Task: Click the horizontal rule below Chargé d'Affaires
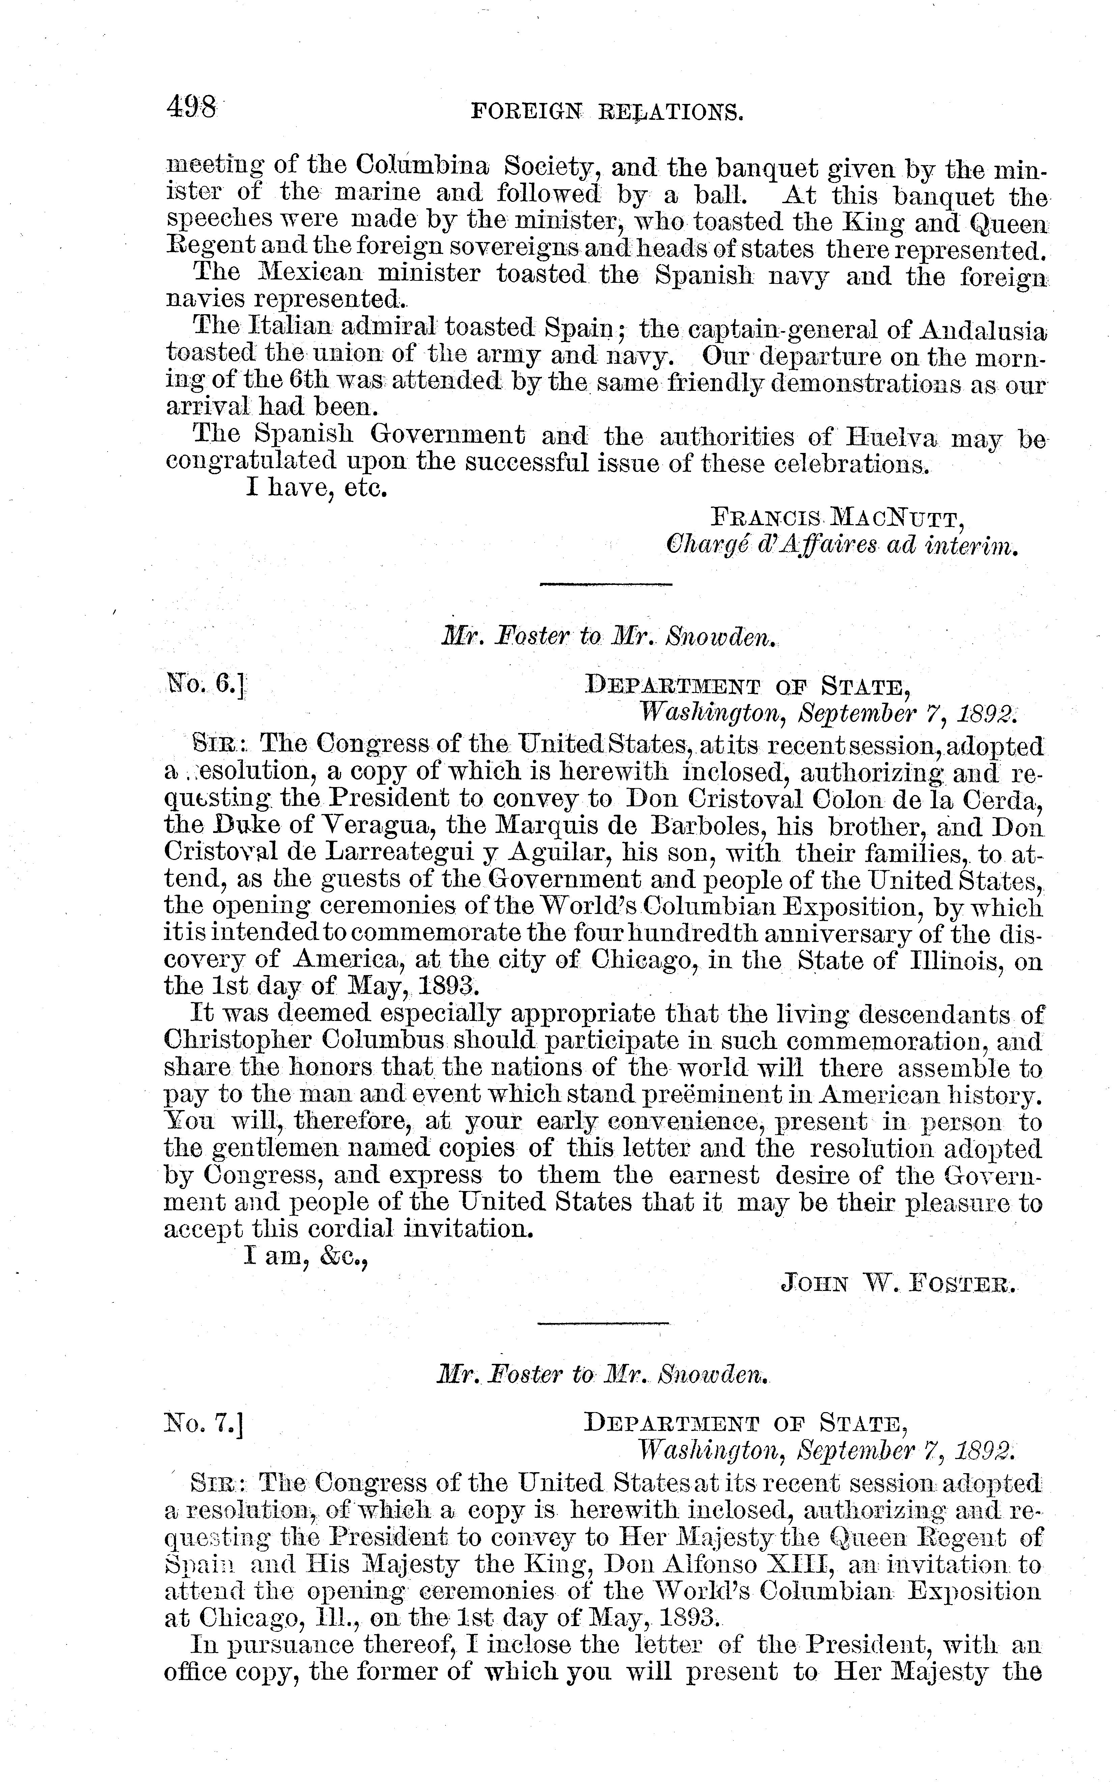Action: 606,585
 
